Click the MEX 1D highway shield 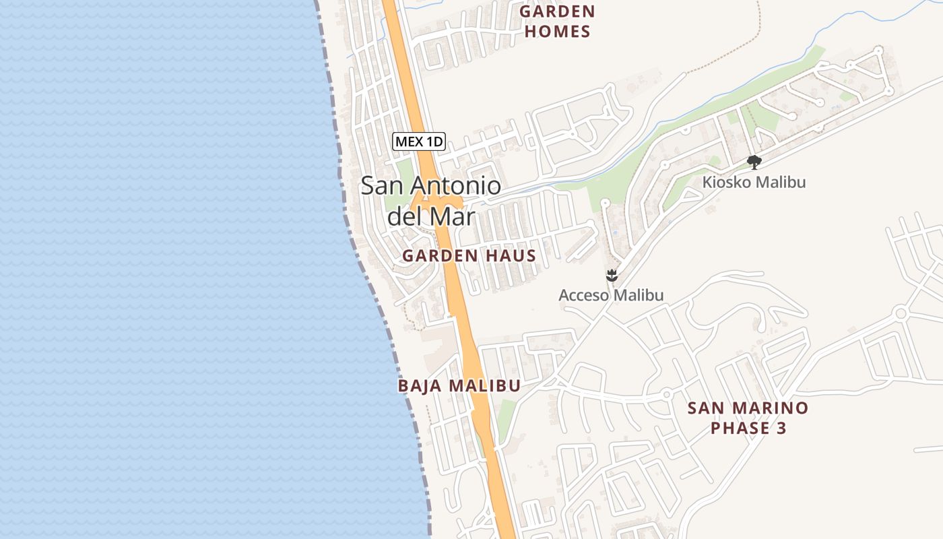point(419,141)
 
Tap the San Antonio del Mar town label point(431,201)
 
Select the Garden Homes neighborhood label point(557,22)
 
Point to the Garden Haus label point(469,256)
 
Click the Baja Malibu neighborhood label point(459,386)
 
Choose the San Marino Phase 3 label point(748,418)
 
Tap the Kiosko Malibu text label point(754,182)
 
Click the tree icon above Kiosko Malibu point(754,162)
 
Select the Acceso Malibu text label point(611,295)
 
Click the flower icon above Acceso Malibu point(612,275)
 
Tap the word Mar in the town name point(455,217)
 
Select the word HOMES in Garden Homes point(557,32)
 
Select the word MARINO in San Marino point(773,408)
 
